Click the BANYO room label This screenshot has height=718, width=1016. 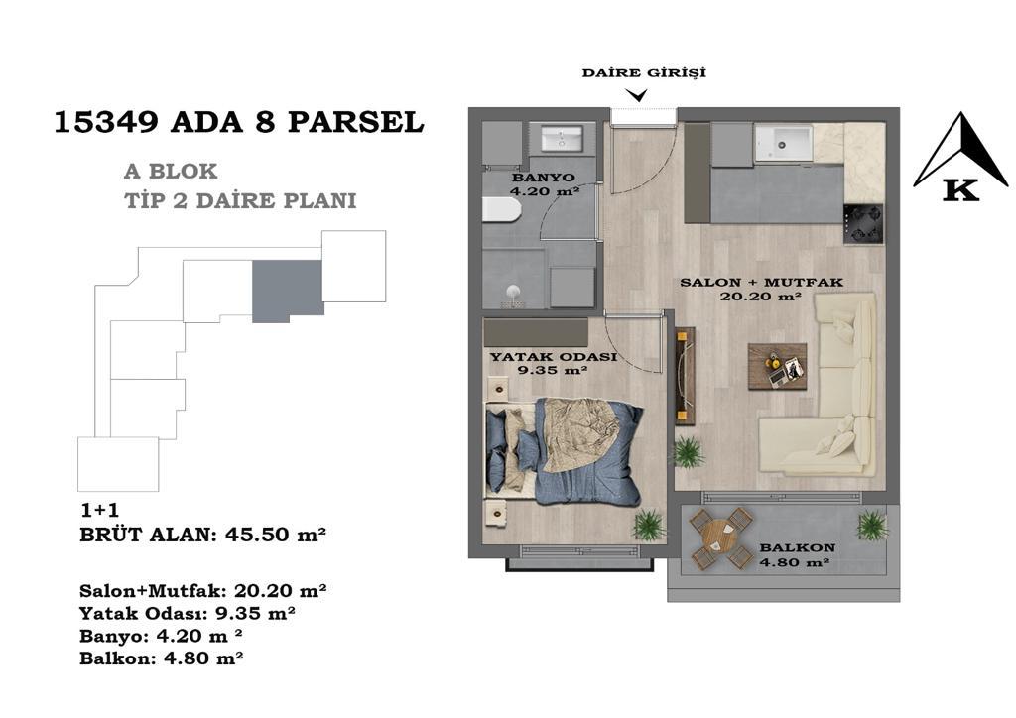[x=543, y=178]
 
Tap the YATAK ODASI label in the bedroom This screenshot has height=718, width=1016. [x=553, y=357]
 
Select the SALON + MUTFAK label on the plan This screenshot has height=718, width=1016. [x=761, y=283]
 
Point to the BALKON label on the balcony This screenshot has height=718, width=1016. [x=797, y=547]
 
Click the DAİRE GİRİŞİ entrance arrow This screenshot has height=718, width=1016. [x=639, y=96]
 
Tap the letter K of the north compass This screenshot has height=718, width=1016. [x=960, y=190]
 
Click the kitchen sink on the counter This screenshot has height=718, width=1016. [x=783, y=143]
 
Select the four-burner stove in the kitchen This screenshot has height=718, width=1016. [x=863, y=224]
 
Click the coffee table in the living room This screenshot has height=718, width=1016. [x=778, y=367]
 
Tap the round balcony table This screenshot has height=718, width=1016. [x=720, y=537]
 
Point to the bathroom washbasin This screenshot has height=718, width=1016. [x=562, y=139]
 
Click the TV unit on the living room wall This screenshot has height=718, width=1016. [x=685, y=376]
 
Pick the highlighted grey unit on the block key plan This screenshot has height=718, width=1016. [x=287, y=290]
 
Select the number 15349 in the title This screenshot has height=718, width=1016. [x=105, y=122]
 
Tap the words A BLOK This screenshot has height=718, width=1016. [x=171, y=171]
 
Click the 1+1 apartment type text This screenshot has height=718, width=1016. [x=99, y=510]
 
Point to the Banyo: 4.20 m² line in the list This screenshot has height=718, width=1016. [x=162, y=636]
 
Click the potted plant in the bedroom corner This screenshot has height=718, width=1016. [x=648, y=524]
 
